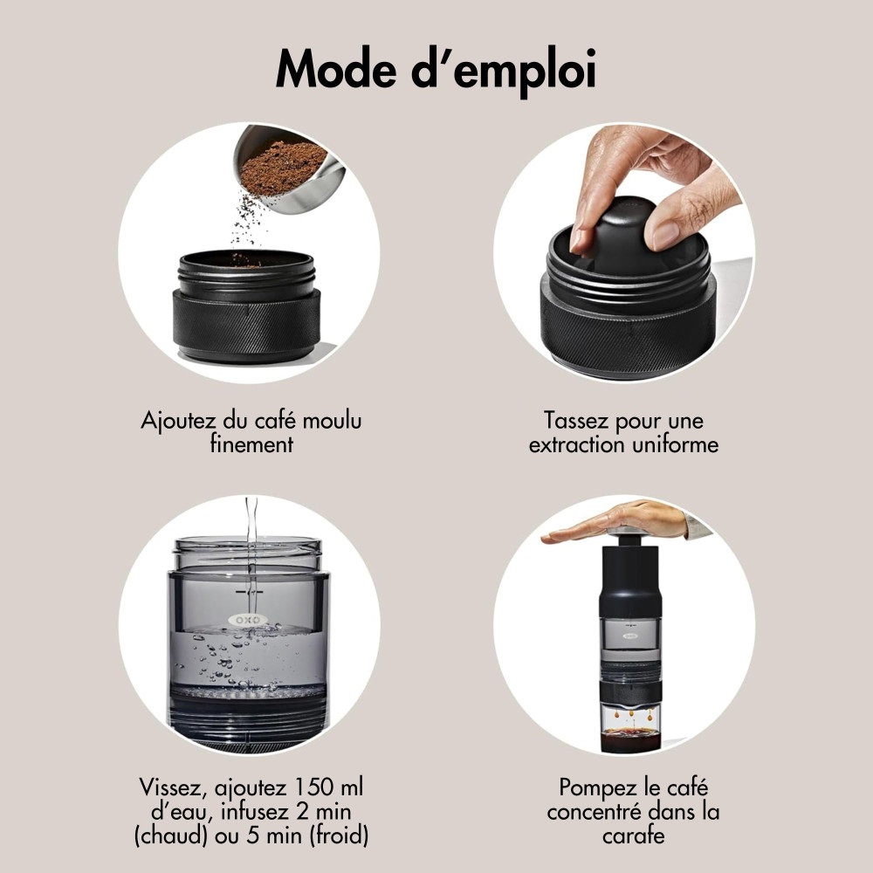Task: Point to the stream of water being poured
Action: coord(251,524)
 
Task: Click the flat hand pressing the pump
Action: coord(611,520)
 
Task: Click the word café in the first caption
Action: coord(264,420)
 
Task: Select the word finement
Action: coord(251,443)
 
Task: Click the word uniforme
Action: coord(674,443)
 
